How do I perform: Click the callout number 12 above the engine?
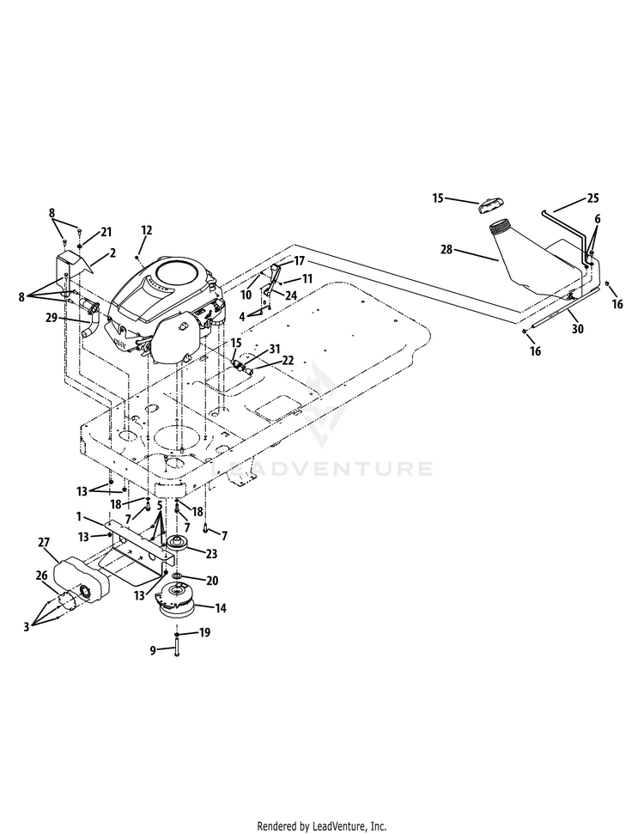(x=147, y=230)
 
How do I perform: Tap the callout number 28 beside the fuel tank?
(x=447, y=248)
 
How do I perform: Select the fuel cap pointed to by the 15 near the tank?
(x=489, y=204)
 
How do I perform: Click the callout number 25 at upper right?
(x=593, y=198)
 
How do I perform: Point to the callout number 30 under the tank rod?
(x=578, y=329)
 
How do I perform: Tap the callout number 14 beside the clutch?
(x=220, y=607)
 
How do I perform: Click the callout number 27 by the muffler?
(x=44, y=543)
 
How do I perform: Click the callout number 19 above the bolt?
(x=204, y=632)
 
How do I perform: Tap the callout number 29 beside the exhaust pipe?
(x=51, y=318)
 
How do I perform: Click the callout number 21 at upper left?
(x=106, y=232)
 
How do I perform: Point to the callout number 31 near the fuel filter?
(x=275, y=349)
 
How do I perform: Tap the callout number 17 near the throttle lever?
(x=300, y=261)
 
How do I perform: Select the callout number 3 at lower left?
(x=26, y=627)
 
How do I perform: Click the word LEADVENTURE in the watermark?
(x=322, y=469)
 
